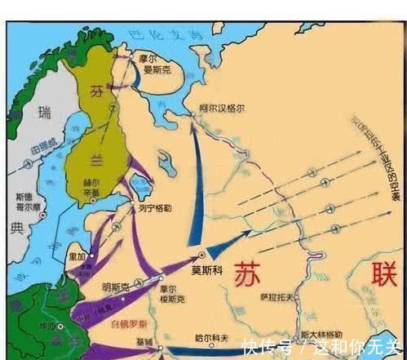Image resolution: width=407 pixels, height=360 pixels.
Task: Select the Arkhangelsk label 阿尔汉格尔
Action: (222, 108)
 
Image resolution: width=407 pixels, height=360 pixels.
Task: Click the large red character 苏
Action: (251, 274)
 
